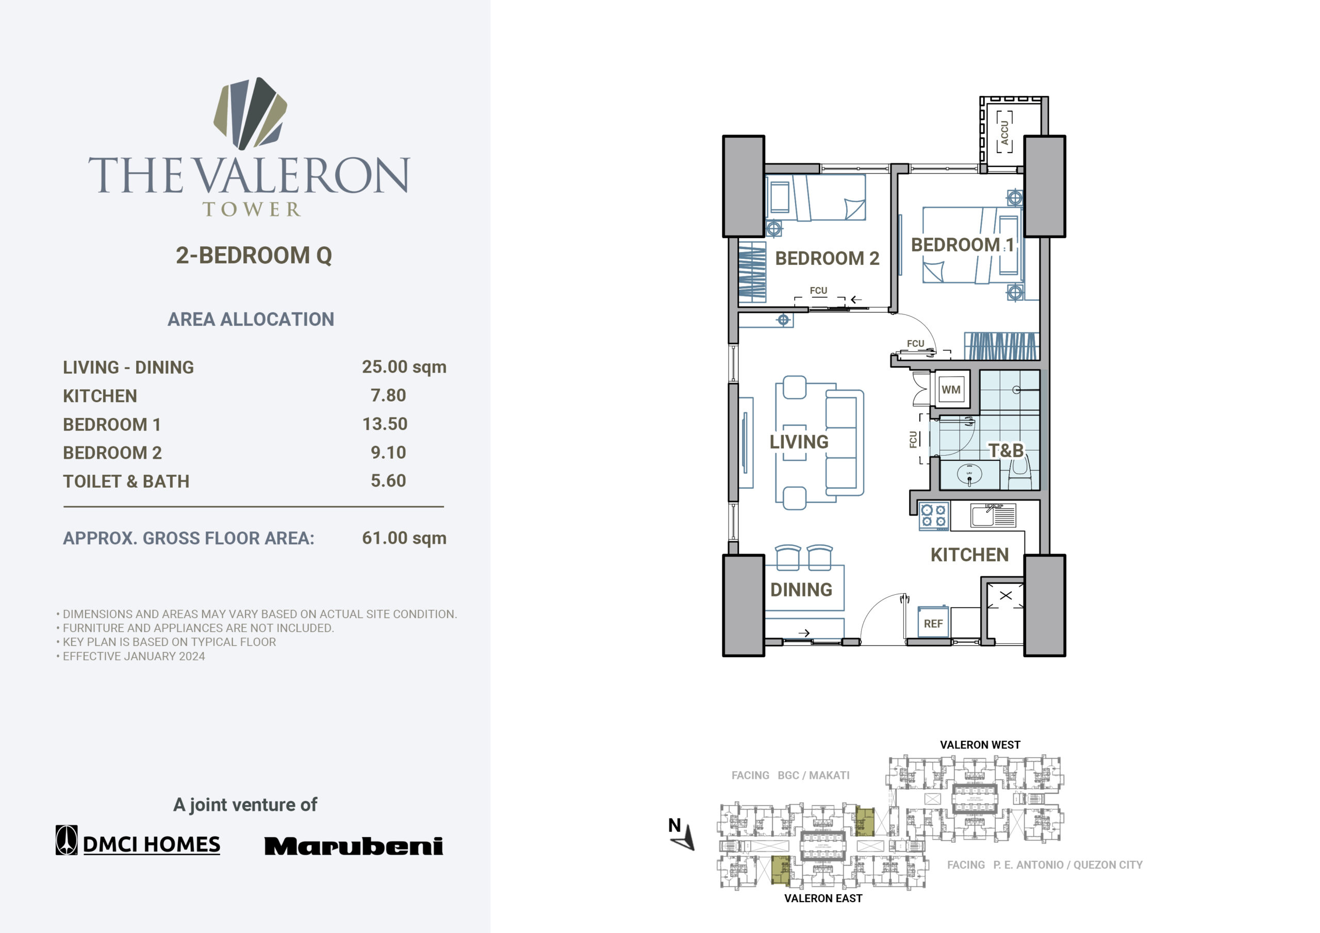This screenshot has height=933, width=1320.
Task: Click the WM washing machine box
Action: pyautogui.click(x=951, y=389)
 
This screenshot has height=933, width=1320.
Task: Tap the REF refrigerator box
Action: pyautogui.click(x=933, y=622)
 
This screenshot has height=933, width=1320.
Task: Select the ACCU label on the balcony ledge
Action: pyautogui.click(x=1004, y=132)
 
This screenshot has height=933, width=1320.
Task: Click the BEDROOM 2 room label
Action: pyautogui.click(x=827, y=258)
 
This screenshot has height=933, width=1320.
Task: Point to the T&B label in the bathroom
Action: pyautogui.click(x=1006, y=450)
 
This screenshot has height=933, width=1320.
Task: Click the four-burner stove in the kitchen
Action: pyautogui.click(x=934, y=515)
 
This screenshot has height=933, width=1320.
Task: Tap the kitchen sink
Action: pyautogui.click(x=993, y=515)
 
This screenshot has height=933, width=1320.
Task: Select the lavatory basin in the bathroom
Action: pyautogui.click(x=969, y=475)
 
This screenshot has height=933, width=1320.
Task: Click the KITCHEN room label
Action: pyautogui.click(x=969, y=555)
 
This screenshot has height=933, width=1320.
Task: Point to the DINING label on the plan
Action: pyautogui.click(x=801, y=589)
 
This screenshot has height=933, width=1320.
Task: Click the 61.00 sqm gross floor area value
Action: pyautogui.click(x=404, y=538)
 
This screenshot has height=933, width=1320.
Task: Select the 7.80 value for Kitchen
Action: pyautogui.click(x=388, y=395)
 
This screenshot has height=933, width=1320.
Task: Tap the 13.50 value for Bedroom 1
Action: pyautogui.click(x=385, y=424)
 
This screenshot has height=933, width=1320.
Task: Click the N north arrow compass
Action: pyautogui.click(x=681, y=834)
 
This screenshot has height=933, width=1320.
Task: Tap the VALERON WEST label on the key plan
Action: pyautogui.click(x=980, y=745)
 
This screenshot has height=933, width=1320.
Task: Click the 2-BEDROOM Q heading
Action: pyautogui.click(x=254, y=255)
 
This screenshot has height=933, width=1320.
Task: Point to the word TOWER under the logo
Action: pyautogui.click(x=251, y=209)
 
